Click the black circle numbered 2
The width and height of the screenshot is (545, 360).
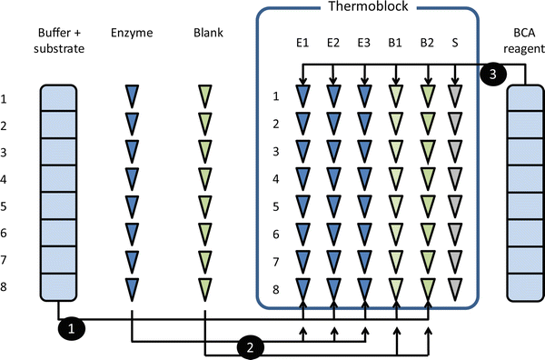coord(250,345)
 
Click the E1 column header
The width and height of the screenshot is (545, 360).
coord(302,42)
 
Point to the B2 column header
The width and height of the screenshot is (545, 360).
coord(425,42)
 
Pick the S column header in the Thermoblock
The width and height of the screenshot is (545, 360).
coord(455,42)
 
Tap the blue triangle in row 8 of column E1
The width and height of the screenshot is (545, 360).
coord(302,290)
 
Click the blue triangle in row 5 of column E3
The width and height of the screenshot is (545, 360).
coord(363,206)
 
